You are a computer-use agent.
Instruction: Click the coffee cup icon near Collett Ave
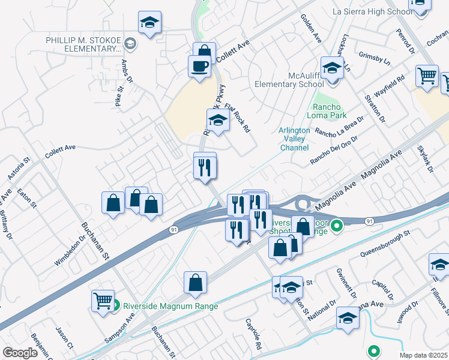[199, 66]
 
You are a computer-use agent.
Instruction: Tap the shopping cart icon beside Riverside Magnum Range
[103, 301]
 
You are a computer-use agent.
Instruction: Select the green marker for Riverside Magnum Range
[116, 305]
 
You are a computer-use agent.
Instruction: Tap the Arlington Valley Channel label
[294, 139]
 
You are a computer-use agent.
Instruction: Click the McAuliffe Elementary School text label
[289, 80]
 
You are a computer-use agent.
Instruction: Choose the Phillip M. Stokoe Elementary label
[83, 44]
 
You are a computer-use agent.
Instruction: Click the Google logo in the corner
[20, 353]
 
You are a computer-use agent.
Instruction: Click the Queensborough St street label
[384, 244]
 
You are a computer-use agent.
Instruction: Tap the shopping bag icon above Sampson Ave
[195, 283]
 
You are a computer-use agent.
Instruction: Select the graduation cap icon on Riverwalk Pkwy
[218, 120]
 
